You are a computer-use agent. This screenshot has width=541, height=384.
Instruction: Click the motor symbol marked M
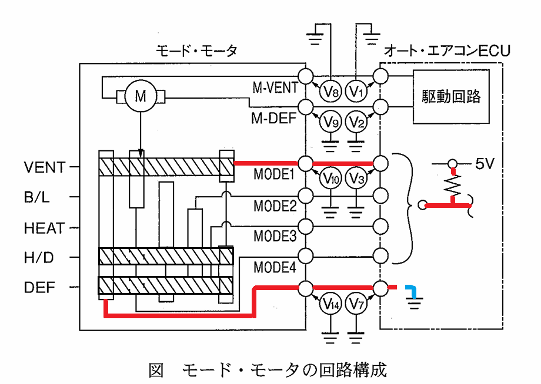tap(141, 96)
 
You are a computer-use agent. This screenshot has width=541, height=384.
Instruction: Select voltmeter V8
tap(330, 91)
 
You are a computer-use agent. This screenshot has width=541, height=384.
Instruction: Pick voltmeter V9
tap(330, 122)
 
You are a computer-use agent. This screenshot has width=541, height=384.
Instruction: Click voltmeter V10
tap(330, 178)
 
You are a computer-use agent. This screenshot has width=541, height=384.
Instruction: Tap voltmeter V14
tap(330, 304)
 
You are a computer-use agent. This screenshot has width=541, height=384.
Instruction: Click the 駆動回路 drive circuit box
tap(451, 96)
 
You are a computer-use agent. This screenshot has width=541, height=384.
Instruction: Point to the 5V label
tap(485, 163)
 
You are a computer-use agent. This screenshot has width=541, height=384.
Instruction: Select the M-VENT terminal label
tap(275, 87)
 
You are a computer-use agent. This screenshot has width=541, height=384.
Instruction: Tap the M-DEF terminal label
tap(273, 118)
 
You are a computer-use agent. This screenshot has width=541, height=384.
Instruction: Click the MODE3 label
tap(275, 236)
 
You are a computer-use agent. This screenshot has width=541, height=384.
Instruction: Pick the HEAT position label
tap(45, 228)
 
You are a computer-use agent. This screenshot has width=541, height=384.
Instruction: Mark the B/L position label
tap(36, 197)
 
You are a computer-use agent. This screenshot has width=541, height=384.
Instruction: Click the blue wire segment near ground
tap(412, 290)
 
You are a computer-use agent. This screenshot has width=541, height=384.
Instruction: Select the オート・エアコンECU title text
tap(447, 51)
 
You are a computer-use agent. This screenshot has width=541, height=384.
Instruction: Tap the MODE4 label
tap(275, 267)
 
